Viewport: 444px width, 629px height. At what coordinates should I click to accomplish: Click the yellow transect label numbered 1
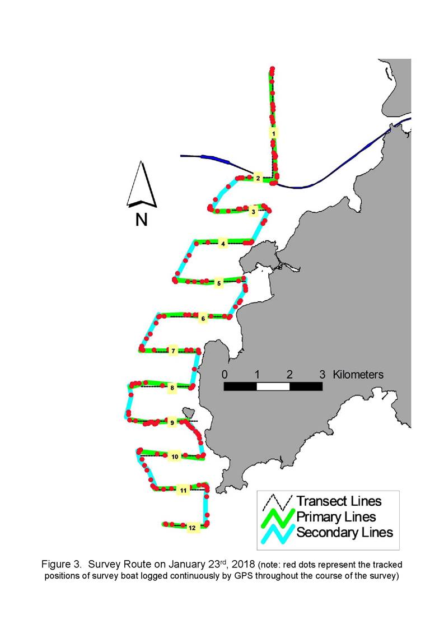pyautogui.click(x=273, y=133)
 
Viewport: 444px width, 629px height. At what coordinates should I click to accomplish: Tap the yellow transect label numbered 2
pyautogui.click(x=258, y=178)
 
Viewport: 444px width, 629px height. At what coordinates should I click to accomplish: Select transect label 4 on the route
pyautogui.click(x=223, y=244)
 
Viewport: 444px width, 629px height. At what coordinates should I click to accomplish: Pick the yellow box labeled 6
pyautogui.click(x=203, y=319)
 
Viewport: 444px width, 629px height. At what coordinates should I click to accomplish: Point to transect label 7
pyautogui.click(x=173, y=351)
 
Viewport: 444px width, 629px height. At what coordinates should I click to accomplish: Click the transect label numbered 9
pyautogui.click(x=172, y=422)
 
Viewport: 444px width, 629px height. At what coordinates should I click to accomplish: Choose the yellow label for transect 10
pyautogui.click(x=175, y=456)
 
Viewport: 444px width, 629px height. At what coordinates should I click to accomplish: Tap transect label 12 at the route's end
pyautogui.click(x=192, y=528)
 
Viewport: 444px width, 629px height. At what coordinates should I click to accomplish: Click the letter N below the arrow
pyautogui.click(x=142, y=220)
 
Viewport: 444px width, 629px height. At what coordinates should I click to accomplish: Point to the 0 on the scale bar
pyautogui.click(x=225, y=374)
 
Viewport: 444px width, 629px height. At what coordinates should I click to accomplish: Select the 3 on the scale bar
pyautogui.click(x=322, y=374)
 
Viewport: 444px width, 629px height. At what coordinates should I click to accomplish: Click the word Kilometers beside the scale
pyautogui.click(x=358, y=374)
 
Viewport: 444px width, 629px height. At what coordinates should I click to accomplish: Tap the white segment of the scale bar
pyautogui.click(x=273, y=386)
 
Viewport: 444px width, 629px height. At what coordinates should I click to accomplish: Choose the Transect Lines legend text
pyautogui.click(x=339, y=501)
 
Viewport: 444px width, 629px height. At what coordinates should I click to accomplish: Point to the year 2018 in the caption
pyautogui.click(x=243, y=565)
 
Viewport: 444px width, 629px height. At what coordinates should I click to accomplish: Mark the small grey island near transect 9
pyautogui.click(x=188, y=412)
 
